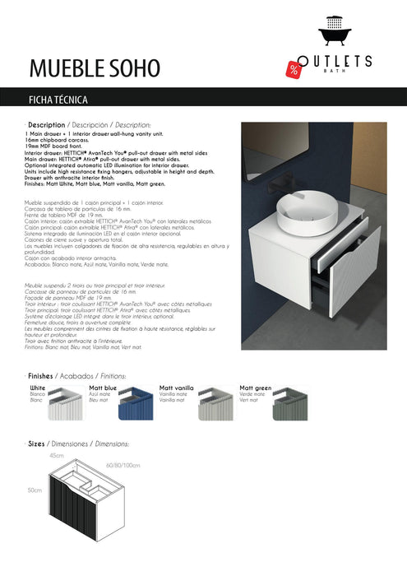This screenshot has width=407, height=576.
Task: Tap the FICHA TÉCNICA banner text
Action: tap(64, 100)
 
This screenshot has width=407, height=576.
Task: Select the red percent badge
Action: tap(294, 68)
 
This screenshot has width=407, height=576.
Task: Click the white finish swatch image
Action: tap(66, 406)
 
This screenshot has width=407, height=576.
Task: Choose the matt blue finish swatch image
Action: tap(135, 406)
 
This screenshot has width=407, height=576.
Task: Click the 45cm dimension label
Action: tap(57, 454)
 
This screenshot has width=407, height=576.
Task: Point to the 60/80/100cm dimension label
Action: tap(123, 466)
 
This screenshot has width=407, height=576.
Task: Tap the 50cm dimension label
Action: tap(34, 490)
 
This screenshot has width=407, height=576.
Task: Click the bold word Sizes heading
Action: tap(37, 443)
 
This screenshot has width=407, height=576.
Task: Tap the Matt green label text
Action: tap(255, 386)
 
